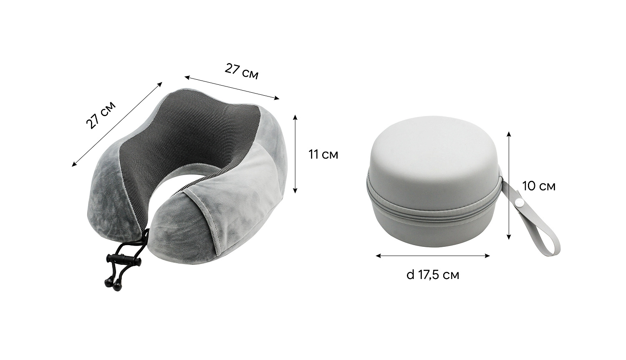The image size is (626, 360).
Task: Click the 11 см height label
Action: (x=323, y=155)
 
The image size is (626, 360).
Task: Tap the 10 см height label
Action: (x=539, y=186)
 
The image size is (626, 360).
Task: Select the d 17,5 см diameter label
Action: (x=433, y=275)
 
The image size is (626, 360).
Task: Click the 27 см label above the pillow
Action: (x=242, y=71)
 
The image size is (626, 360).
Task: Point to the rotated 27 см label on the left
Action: (x=101, y=115)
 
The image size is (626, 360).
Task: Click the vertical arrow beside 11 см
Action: (x=295, y=154)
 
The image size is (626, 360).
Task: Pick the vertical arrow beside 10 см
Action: (x=509, y=186)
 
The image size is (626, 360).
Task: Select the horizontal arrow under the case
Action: (x=433, y=256)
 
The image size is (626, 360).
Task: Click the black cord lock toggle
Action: (x=123, y=258)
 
